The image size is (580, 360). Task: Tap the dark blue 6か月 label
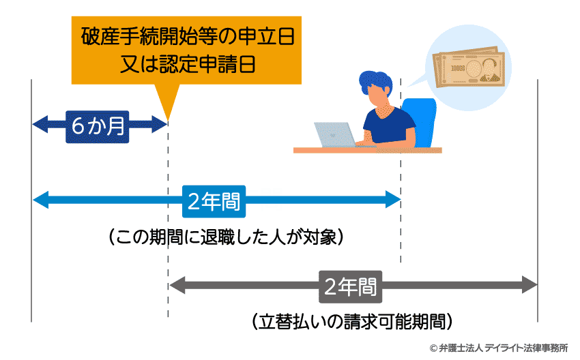pos(98,124)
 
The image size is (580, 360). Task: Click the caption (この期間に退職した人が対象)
pos(224,237)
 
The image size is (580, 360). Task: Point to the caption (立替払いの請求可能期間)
pos(352,320)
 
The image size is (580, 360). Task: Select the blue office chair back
pos(419,119)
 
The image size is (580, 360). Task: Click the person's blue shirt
pos(388,126)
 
